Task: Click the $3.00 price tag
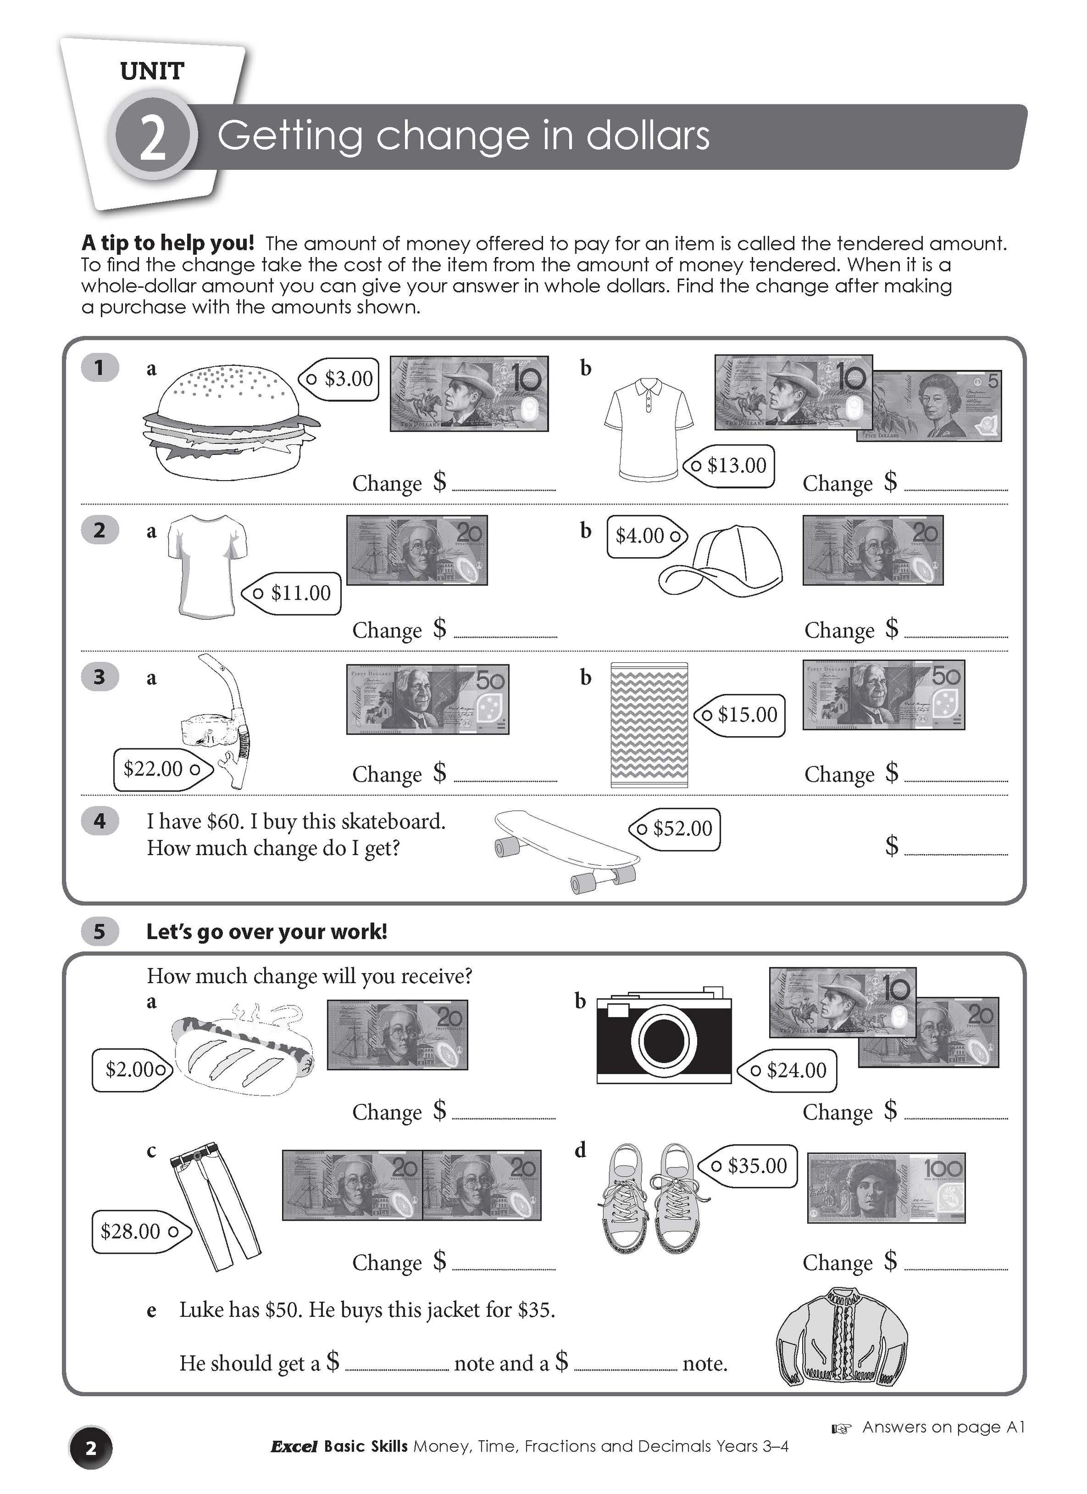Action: pyautogui.click(x=340, y=379)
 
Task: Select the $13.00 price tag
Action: pyautogui.click(x=730, y=466)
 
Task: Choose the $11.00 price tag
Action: pyautogui.click(x=293, y=593)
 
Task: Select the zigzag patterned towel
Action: pyautogui.click(x=649, y=724)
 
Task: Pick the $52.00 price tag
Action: pyautogui.click(x=675, y=829)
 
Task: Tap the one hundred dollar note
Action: pyautogui.click(x=885, y=1188)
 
